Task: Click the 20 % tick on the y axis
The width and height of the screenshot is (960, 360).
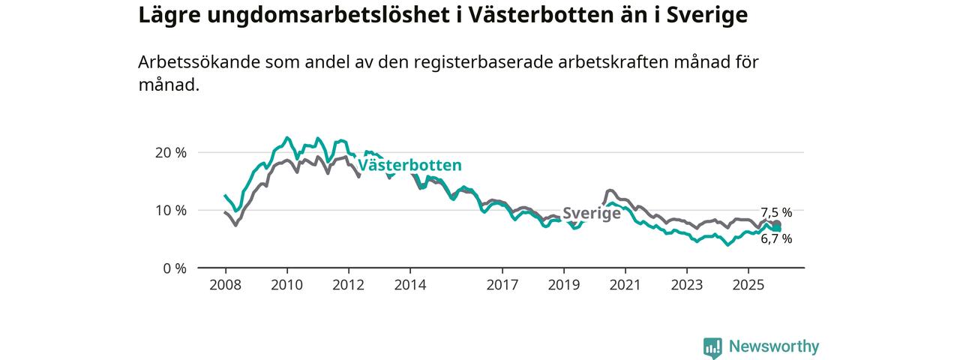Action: [x=170, y=152]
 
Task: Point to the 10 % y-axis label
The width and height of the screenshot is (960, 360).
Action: [x=170, y=210]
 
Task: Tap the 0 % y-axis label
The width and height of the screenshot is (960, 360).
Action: [x=174, y=268]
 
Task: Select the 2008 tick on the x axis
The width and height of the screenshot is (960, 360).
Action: [x=225, y=285]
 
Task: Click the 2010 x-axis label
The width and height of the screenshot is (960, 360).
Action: [x=286, y=285]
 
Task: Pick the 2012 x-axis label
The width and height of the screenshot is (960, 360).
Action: [x=348, y=285]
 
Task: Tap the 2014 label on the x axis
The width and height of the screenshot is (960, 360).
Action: [x=409, y=285]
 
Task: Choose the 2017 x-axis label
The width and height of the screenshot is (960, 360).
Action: [x=502, y=285]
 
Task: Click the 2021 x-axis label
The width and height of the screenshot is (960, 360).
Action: [x=625, y=285]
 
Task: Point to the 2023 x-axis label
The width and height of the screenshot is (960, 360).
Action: [x=686, y=285]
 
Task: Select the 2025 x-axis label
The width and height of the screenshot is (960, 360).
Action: [x=748, y=285]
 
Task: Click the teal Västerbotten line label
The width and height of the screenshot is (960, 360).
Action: [x=409, y=166]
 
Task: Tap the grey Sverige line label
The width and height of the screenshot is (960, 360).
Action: [x=592, y=213]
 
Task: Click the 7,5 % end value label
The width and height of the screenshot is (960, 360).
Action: [x=776, y=212]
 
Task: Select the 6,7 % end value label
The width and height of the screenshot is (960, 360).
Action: [x=776, y=239]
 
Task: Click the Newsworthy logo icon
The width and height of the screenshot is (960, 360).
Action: [x=712, y=347]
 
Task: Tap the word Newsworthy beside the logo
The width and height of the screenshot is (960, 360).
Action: [x=774, y=346]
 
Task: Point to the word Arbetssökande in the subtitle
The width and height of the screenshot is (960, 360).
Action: [x=198, y=62]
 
